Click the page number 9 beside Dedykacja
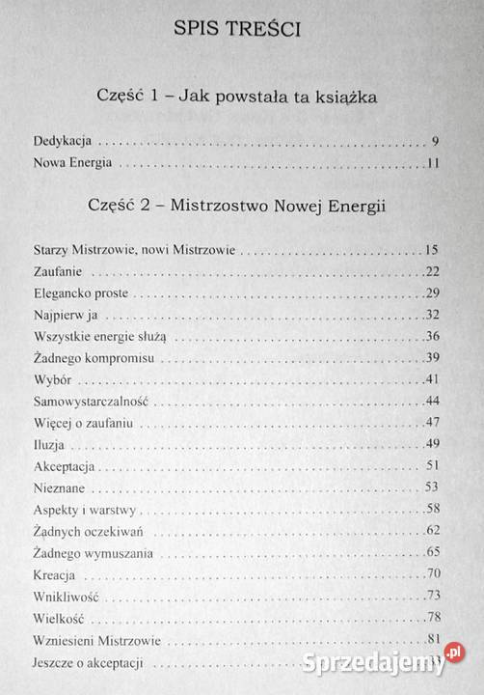(436, 140)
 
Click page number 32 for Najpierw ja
(432, 315)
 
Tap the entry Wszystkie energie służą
(86, 336)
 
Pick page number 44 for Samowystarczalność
(432, 401)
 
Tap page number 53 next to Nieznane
(432, 486)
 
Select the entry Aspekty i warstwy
(68, 509)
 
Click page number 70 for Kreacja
(432, 573)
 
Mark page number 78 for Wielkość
(432, 617)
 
